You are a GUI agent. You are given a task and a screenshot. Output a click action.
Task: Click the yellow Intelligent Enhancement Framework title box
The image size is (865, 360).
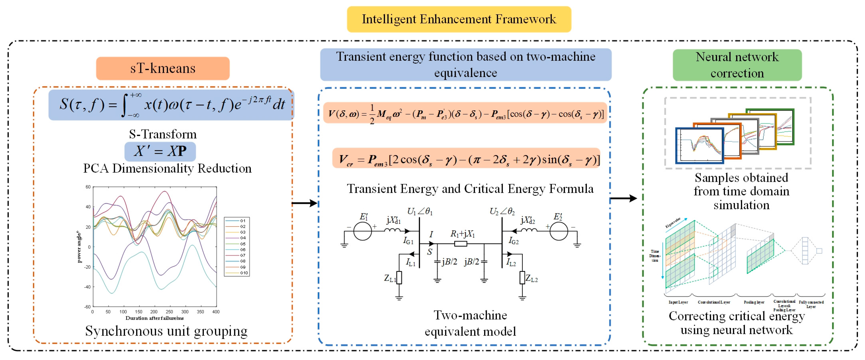459,19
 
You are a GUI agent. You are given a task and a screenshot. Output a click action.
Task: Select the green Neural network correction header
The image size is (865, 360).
737,65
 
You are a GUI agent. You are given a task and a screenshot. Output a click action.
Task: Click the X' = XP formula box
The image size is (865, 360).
160,151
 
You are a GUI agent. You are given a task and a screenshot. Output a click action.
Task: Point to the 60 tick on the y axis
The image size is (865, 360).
88,187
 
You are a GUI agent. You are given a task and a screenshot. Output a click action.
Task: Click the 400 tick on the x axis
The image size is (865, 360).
216,312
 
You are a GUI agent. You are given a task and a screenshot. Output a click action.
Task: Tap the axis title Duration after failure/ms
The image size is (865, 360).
154,318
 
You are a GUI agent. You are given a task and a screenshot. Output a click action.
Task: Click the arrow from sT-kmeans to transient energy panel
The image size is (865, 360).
304,203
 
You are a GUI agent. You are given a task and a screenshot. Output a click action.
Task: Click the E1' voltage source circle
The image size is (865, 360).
363,231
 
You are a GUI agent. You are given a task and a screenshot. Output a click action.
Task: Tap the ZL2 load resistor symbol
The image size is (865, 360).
522,278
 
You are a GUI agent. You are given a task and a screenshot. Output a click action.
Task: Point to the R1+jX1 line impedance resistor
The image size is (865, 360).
460,244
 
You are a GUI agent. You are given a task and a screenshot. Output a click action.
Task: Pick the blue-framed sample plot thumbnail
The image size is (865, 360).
699,145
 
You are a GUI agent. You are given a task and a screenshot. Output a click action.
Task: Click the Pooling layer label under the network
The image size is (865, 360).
754,302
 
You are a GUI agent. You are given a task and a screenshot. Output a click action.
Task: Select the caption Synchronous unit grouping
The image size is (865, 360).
166,331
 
